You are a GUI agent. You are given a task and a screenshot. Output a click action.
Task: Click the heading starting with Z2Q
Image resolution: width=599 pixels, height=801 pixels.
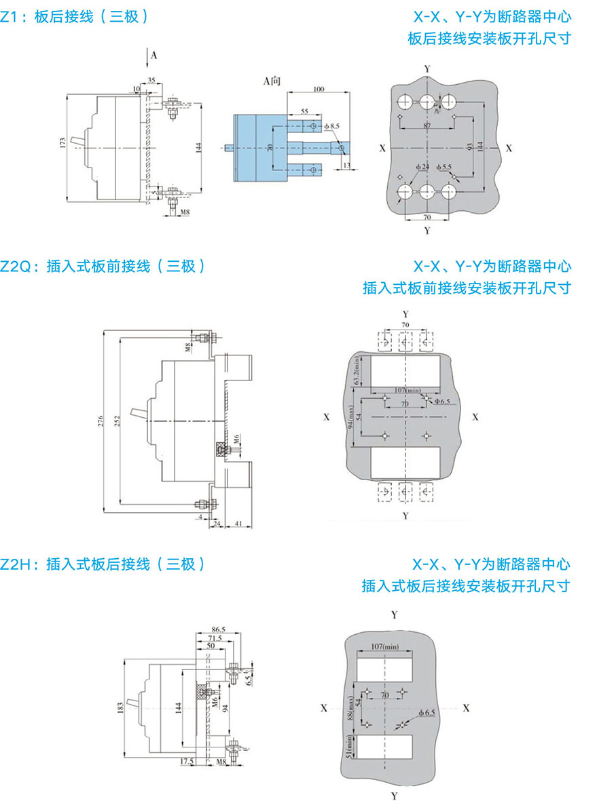102,266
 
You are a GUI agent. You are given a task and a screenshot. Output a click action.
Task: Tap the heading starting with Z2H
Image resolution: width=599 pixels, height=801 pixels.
102,564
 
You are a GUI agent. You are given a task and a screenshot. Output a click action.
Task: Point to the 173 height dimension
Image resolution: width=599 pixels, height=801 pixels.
62,143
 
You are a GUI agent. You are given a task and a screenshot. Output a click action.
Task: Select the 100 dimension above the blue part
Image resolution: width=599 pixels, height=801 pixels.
318,89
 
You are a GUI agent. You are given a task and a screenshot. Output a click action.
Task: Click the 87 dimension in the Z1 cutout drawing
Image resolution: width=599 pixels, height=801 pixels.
426,127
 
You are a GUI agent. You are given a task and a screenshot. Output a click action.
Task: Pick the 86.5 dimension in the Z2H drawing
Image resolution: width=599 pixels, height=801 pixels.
218,630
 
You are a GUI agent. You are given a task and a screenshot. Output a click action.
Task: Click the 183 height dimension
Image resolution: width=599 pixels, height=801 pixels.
120,709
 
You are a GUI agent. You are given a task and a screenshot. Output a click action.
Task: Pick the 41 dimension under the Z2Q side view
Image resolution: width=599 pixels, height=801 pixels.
238,524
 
